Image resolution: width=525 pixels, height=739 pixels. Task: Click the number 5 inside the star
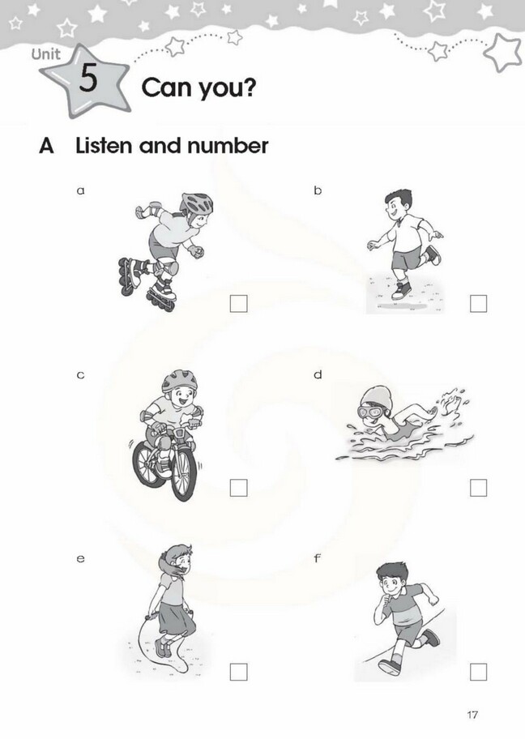click(87, 80)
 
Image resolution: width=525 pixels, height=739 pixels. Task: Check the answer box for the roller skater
click(239, 304)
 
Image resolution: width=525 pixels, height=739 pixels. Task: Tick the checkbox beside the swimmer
click(479, 488)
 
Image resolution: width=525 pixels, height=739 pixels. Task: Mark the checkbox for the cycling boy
click(239, 488)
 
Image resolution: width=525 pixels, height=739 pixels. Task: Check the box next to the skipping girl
click(239, 671)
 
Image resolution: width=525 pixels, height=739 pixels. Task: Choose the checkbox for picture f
click(479, 671)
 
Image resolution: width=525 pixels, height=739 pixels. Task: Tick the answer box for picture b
click(479, 304)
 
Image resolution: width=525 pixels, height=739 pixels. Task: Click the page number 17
click(474, 715)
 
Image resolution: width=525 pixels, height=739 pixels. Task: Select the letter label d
click(318, 374)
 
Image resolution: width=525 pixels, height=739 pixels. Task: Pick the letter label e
click(80, 558)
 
